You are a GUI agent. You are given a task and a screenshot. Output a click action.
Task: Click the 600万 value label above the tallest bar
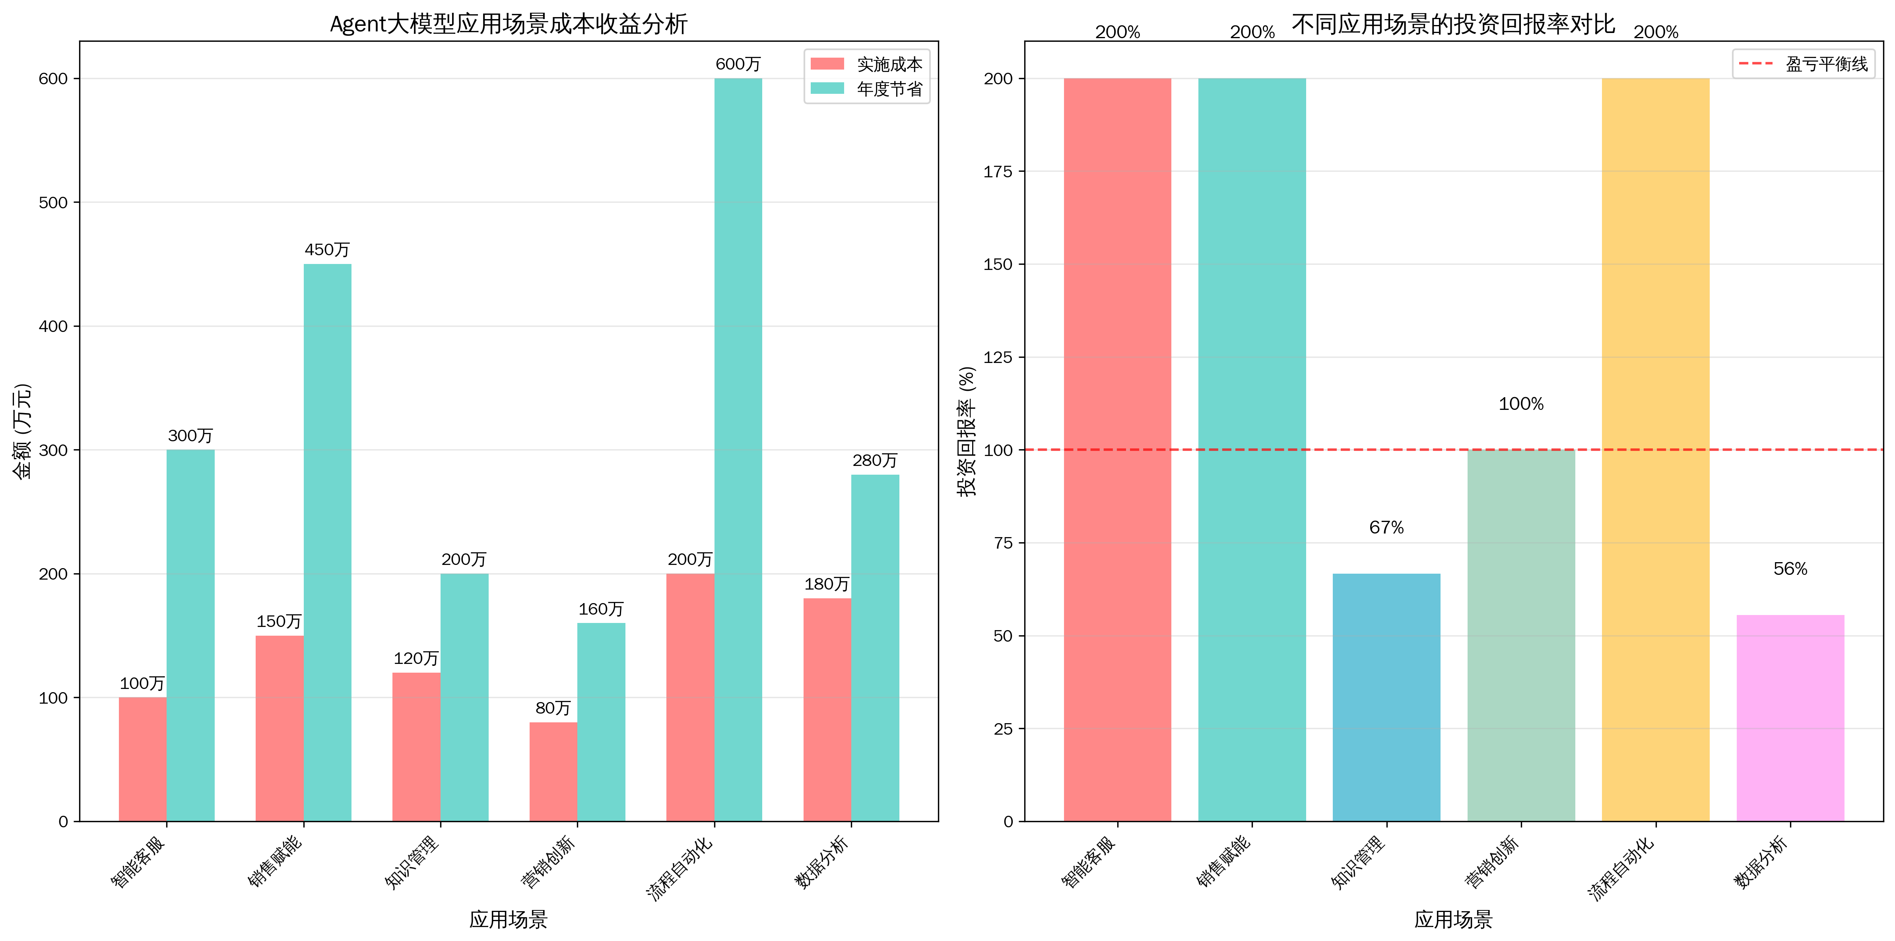point(738,64)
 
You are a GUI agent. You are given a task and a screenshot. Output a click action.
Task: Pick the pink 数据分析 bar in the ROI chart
point(1790,717)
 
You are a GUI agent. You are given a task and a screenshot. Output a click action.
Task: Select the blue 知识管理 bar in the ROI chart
point(1386,697)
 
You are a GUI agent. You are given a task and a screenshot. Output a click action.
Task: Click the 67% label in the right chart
point(1386,528)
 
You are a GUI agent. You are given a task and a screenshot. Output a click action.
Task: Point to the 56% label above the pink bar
point(1790,569)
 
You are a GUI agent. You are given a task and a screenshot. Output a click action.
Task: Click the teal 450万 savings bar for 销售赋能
point(327,542)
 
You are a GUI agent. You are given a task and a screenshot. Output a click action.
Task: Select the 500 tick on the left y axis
point(53,202)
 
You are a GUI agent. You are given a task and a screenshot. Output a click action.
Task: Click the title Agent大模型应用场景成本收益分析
point(508,24)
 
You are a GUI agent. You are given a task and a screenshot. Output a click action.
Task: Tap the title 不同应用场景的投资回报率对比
point(1453,24)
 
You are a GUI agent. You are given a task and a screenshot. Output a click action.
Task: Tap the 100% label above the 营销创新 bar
point(1520,404)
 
